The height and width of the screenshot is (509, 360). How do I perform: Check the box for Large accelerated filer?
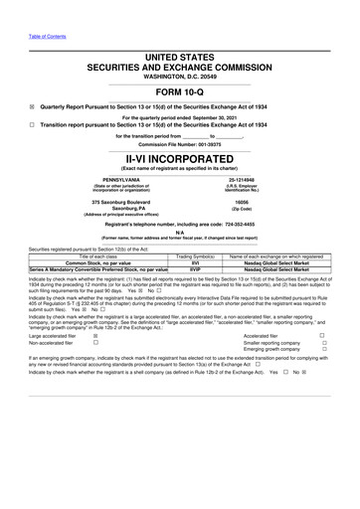94,365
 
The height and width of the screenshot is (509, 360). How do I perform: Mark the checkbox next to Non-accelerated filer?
94,373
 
